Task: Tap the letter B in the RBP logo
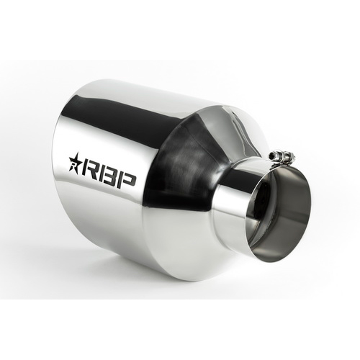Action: pyautogui.click(x=110, y=179)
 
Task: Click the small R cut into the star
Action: pyautogui.click(x=73, y=165)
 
